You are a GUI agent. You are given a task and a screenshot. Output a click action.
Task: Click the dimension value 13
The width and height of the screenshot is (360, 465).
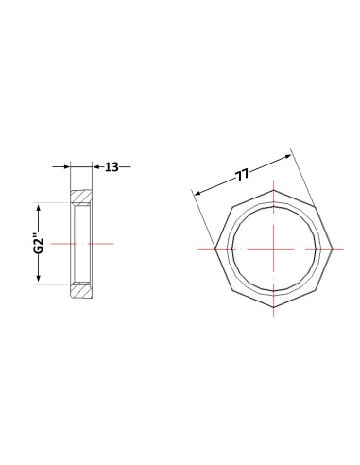[111, 167]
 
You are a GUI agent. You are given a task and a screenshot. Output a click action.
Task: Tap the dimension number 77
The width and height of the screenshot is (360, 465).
[242, 175]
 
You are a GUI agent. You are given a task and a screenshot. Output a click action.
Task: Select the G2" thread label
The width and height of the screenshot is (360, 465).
[39, 243]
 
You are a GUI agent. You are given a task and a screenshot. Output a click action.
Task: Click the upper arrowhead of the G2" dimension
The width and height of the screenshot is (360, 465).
[39, 209]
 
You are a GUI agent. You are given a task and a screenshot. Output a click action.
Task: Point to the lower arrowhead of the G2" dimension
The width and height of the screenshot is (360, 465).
[39, 277]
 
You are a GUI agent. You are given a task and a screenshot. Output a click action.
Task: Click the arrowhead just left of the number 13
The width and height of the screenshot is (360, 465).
[96, 166]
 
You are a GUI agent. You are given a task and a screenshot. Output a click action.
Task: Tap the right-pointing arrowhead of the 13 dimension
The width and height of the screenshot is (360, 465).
[66, 166]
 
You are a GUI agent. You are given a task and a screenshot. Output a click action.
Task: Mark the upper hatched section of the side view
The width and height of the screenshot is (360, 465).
[81, 197]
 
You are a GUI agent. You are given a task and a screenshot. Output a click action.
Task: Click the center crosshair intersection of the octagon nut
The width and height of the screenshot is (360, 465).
[274, 249]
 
